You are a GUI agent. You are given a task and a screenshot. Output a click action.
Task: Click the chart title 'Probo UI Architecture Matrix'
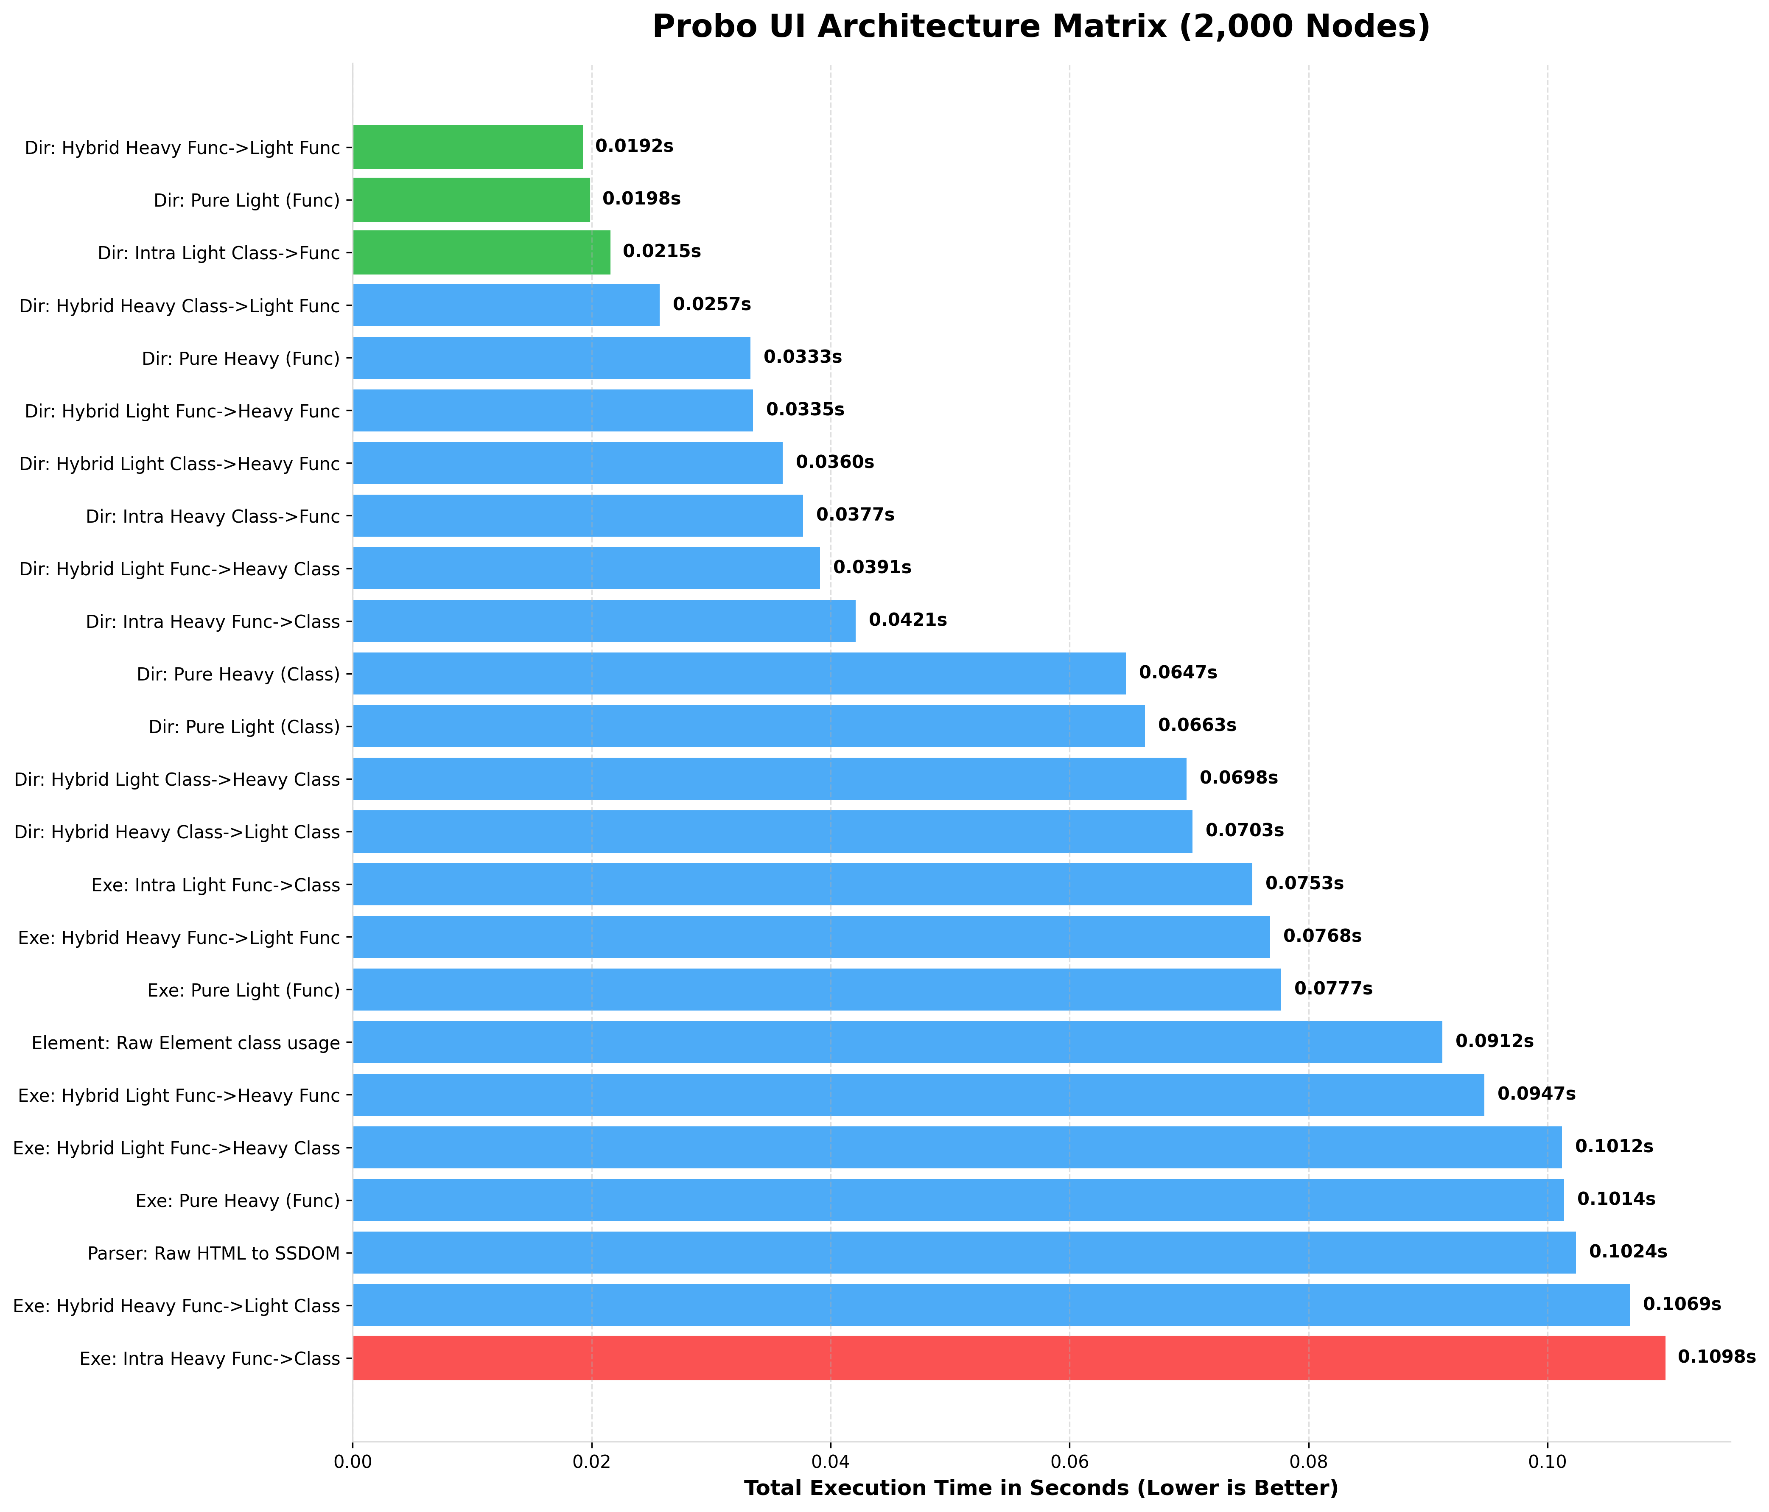pos(1041,27)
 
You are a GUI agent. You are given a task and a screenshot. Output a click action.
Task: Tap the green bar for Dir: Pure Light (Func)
pos(471,200)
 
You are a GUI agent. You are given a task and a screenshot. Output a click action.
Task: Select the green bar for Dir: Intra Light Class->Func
pos(481,252)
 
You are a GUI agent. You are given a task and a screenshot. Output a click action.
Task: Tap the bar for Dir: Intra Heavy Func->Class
pos(604,621)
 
